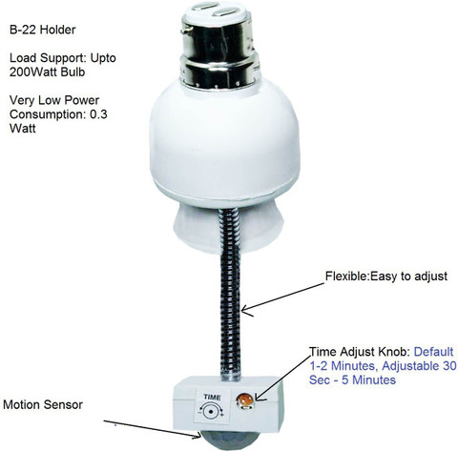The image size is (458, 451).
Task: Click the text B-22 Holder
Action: pyautogui.click(x=43, y=30)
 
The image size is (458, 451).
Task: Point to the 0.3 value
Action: pyautogui.click(x=98, y=114)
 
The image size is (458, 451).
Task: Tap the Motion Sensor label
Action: pyautogui.click(x=43, y=404)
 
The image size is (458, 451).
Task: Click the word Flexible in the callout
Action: pyautogui.click(x=346, y=276)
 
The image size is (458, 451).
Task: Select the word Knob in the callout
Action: pyautogui.click(x=393, y=352)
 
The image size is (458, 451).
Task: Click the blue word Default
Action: pyautogui.click(x=433, y=352)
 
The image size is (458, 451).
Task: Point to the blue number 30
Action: pyautogui.click(x=449, y=366)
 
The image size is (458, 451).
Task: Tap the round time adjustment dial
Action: pyautogui.click(x=210, y=412)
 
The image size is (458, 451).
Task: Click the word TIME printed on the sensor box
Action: pyautogui.click(x=212, y=397)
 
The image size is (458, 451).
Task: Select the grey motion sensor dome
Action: pyautogui.click(x=221, y=441)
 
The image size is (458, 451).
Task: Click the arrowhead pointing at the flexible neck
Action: pyautogui.click(x=245, y=310)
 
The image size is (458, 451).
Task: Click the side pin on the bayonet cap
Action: pyautogui.click(x=185, y=31)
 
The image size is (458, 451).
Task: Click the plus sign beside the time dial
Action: pyautogui.click(x=222, y=415)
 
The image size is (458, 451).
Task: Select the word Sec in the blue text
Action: pyautogui.click(x=319, y=379)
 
